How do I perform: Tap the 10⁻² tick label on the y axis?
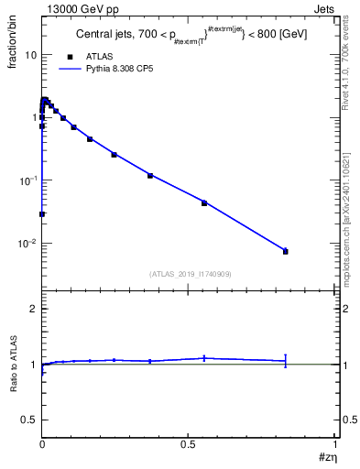[x=28, y=244]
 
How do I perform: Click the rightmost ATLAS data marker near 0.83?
[x=286, y=251]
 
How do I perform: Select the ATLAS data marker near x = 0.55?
[x=204, y=202]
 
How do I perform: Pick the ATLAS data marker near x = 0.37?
[x=149, y=175]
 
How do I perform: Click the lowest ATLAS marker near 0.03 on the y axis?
[x=42, y=213]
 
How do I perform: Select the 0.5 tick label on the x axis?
[x=189, y=444]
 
